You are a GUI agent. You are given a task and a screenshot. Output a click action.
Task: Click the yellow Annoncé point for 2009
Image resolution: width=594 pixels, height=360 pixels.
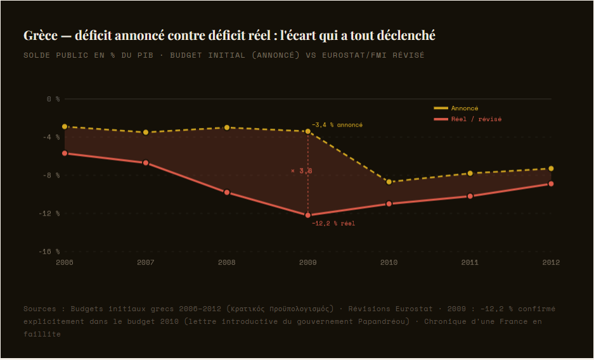pos(308,131)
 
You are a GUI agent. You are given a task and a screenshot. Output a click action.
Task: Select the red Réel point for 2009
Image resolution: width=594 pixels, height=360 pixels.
pos(308,215)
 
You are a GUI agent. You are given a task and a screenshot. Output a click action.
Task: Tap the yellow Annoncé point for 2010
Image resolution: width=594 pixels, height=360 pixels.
pos(389,182)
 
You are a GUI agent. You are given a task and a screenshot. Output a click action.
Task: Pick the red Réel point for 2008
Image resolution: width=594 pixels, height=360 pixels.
pos(227,192)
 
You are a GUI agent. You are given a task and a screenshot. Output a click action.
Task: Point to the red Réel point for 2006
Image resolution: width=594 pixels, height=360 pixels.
pos(65,153)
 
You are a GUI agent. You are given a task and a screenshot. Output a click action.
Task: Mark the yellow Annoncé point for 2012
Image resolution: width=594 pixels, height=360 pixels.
pos(551,169)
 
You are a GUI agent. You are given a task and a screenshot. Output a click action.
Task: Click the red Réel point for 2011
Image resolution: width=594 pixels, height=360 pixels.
pos(470,196)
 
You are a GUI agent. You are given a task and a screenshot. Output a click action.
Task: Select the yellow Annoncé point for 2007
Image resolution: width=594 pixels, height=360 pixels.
pos(146,132)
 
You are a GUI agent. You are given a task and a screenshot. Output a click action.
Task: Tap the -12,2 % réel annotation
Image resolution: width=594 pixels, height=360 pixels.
pos(333,223)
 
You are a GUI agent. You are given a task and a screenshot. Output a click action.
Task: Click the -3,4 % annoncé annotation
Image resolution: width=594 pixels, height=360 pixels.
pos(337,125)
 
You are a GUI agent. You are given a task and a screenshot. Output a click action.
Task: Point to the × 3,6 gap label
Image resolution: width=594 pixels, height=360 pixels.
pos(301,170)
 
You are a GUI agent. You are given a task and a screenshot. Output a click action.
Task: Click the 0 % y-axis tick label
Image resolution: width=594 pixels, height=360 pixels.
pos(53,99)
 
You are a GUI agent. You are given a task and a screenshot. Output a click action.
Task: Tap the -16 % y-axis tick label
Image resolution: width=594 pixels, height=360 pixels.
pos(50,252)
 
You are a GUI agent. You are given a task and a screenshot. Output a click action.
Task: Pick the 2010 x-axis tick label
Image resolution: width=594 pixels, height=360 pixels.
pos(389,262)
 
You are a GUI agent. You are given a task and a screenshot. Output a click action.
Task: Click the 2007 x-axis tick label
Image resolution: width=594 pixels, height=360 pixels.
pos(146,262)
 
